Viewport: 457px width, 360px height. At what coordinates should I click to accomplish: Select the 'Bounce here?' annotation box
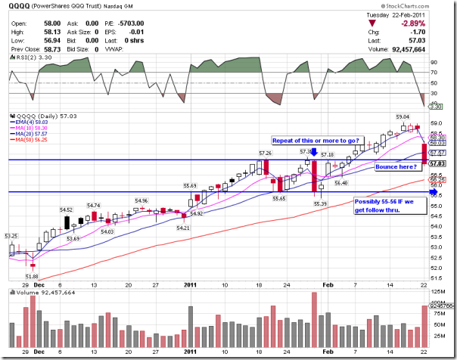click(x=393, y=166)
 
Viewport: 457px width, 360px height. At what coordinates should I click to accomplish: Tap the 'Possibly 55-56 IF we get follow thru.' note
click(x=387, y=205)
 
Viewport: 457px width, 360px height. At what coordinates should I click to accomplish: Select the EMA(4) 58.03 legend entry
click(x=33, y=122)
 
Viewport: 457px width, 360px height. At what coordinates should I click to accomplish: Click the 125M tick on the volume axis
click(x=437, y=290)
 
